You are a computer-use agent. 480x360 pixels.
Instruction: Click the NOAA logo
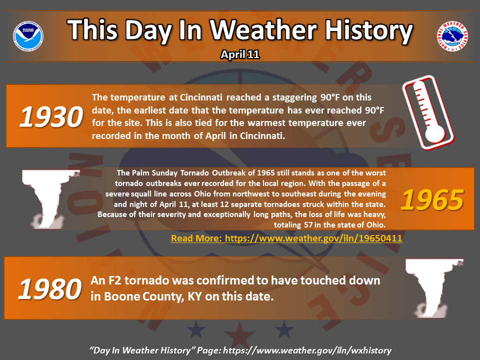click(x=28, y=36)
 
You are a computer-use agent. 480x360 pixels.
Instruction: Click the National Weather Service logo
click(x=452, y=36)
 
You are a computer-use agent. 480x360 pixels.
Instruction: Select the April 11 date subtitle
click(x=240, y=54)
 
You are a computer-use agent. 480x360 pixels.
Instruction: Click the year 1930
click(x=51, y=116)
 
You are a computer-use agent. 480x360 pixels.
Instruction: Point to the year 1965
click(x=432, y=200)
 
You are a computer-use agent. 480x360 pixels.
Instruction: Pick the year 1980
click(x=50, y=289)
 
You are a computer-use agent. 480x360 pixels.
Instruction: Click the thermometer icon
click(x=428, y=112)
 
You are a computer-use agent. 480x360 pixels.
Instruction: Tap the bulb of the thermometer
click(x=434, y=133)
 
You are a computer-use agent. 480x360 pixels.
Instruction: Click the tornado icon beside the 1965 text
click(x=49, y=199)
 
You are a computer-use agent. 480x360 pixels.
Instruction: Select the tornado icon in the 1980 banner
click(x=434, y=288)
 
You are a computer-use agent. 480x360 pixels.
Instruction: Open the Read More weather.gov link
click(x=286, y=238)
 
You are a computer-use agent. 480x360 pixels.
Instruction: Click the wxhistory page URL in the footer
click(x=307, y=350)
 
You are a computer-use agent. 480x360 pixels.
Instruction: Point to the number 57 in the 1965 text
click(x=308, y=224)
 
